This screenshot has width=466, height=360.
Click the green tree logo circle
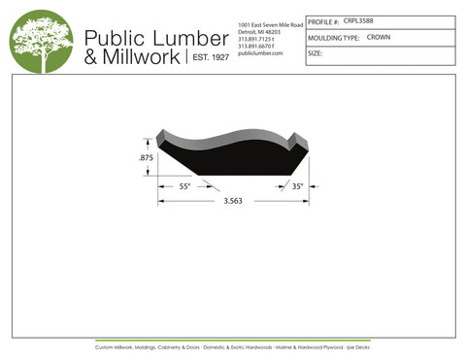[41, 41]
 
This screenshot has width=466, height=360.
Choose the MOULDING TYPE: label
[332, 37]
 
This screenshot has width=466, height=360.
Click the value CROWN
[379, 37]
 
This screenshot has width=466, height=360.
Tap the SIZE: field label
[315, 53]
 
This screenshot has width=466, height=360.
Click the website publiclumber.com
[259, 53]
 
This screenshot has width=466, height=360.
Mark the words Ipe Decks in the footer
[359, 346]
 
